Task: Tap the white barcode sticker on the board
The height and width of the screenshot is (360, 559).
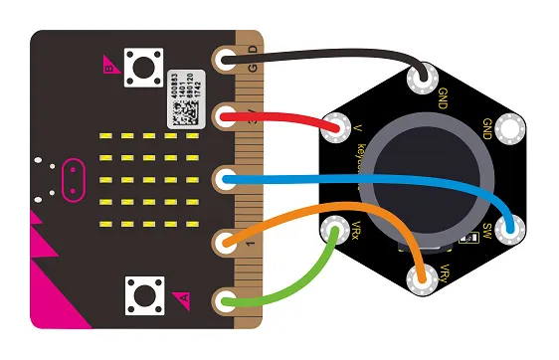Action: click(186, 99)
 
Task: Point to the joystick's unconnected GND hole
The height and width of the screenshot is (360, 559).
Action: click(512, 128)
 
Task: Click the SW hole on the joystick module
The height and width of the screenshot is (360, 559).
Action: click(512, 230)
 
